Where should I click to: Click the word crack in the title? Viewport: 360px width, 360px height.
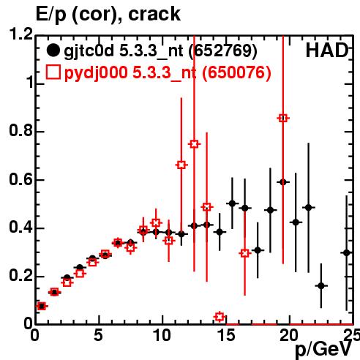(x=154, y=14)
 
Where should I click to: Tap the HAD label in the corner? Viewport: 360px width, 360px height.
(x=327, y=50)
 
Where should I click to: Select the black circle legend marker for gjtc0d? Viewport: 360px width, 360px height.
(x=53, y=50)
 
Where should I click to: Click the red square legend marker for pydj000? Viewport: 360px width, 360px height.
(x=53, y=72)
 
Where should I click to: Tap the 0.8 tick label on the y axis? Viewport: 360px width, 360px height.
(x=20, y=130)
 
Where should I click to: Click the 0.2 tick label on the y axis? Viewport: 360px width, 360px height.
(x=20, y=275)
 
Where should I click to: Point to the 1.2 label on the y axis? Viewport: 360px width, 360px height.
(x=20, y=34)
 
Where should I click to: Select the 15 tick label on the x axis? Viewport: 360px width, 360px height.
(x=227, y=335)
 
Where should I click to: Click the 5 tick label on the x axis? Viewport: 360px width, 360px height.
(x=98, y=335)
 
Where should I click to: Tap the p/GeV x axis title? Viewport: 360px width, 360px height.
(x=323, y=349)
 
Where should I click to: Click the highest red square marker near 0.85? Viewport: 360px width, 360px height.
(x=283, y=119)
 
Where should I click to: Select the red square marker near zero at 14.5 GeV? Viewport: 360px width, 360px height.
(x=220, y=317)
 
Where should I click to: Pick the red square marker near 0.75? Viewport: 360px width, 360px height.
(x=194, y=144)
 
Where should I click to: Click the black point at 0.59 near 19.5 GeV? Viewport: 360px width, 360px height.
(x=283, y=182)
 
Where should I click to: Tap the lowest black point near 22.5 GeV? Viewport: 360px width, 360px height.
(x=321, y=285)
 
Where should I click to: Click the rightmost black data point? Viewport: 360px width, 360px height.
(x=347, y=253)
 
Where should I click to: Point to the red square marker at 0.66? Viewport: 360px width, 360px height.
(x=181, y=165)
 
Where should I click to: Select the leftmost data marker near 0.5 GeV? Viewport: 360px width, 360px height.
(x=42, y=306)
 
